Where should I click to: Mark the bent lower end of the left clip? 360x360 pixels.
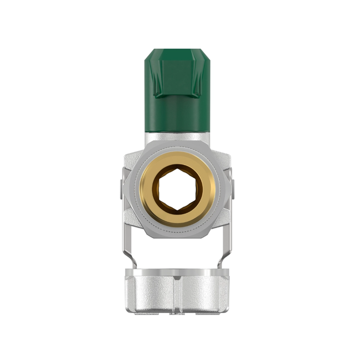[130, 260]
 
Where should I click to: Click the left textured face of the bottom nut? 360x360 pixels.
[150, 294]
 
